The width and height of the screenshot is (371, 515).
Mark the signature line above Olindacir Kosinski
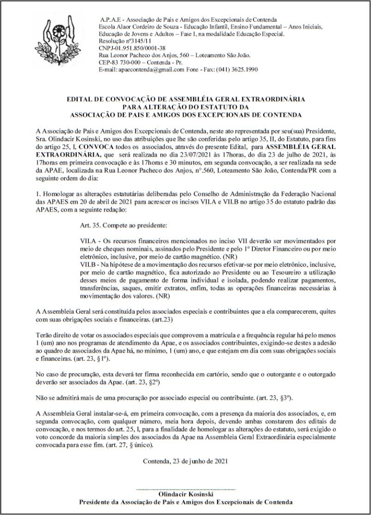point(186,489)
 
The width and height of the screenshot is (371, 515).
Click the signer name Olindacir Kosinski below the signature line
point(186,494)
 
